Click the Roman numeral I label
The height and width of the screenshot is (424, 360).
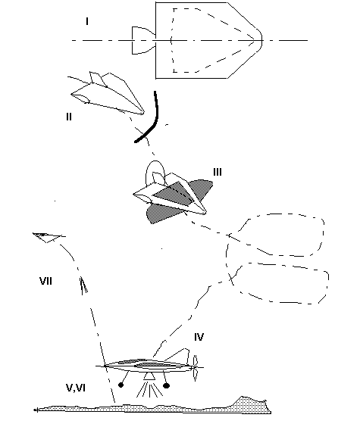(x=87, y=21)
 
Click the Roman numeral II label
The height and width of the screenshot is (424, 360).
(x=69, y=117)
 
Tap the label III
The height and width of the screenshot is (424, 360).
(x=218, y=172)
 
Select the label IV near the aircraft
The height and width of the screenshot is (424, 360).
(x=199, y=337)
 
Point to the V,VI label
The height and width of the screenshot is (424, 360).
(x=76, y=388)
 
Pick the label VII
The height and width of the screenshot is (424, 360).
(x=45, y=281)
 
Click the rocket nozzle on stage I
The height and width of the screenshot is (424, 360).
(x=143, y=40)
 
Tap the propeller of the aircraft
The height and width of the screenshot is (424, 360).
(x=196, y=368)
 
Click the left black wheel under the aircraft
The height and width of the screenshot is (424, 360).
(x=121, y=385)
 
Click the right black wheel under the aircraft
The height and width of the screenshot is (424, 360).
(x=167, y=385)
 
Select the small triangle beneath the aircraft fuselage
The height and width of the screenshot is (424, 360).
(x=149, y=376)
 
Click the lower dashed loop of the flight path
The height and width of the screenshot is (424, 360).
(x=328, y=281)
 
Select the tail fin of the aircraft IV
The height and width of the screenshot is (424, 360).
(x=179, y=355)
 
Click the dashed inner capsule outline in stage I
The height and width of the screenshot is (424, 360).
(x=174, y=40)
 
